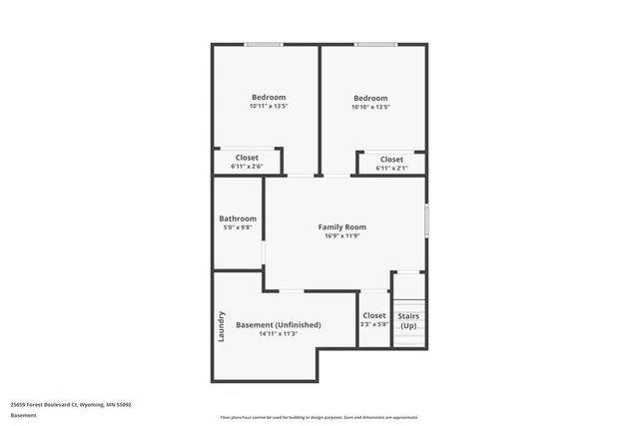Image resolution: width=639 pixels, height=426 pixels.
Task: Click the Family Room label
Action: (341, 226)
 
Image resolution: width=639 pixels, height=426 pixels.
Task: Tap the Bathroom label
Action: (238, 218)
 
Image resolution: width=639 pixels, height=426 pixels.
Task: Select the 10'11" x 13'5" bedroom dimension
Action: (269, 106)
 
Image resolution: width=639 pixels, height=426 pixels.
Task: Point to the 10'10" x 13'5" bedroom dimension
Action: (370, 107)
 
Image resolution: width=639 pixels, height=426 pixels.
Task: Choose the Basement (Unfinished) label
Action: (278, 325)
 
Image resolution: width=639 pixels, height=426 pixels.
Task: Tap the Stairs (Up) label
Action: (408, 321)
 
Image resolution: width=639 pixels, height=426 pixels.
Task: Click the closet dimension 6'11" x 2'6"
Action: (247, 167)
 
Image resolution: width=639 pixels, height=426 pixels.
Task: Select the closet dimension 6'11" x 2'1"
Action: (391, 169)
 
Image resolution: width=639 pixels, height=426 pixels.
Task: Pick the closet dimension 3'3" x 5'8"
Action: (374, 324)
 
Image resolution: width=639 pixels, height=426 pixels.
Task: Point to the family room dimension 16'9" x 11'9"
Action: (341, 236)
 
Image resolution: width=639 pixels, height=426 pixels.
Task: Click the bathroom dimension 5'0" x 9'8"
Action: (238, 227)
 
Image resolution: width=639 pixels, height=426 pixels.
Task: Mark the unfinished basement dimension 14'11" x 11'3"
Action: (278, 334)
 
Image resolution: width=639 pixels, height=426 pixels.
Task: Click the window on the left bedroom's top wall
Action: (265, 44)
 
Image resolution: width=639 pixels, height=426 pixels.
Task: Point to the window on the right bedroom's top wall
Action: (373, 44)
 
